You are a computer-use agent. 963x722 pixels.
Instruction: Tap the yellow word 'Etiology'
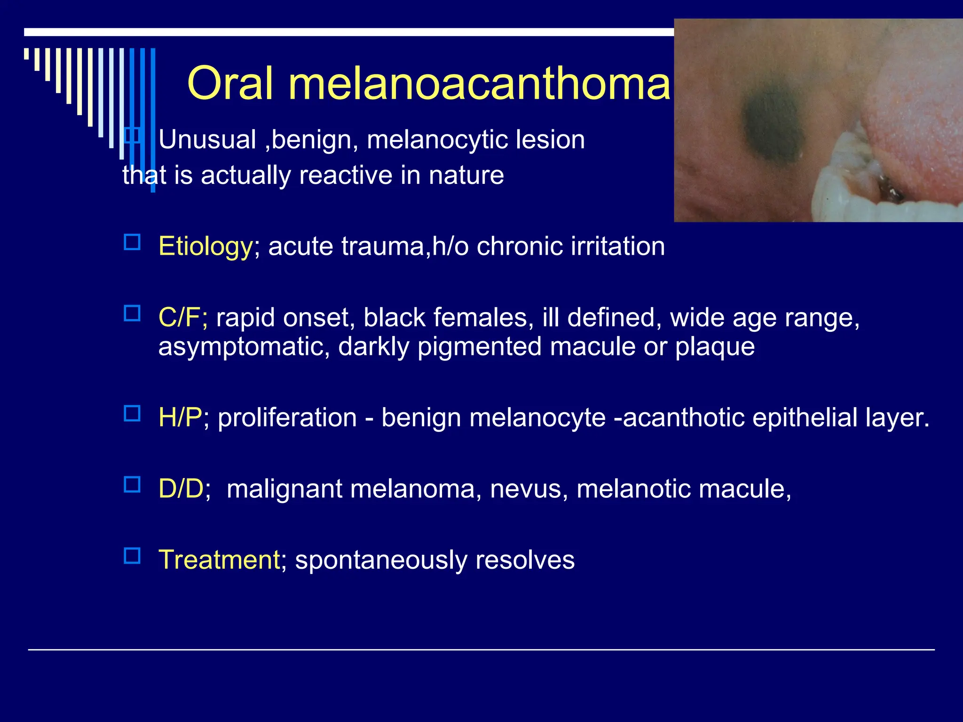coord(205,246)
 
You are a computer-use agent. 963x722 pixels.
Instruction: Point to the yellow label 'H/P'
coord(180,417)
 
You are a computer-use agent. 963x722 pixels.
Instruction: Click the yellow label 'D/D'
coord(181,489)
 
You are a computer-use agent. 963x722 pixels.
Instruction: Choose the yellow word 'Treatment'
coord(219,560)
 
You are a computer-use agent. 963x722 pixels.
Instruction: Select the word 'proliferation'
coord(287,418)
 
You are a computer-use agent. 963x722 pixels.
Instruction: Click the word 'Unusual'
coord(207,140)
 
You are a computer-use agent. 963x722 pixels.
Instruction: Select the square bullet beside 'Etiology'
coord(132,242)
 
